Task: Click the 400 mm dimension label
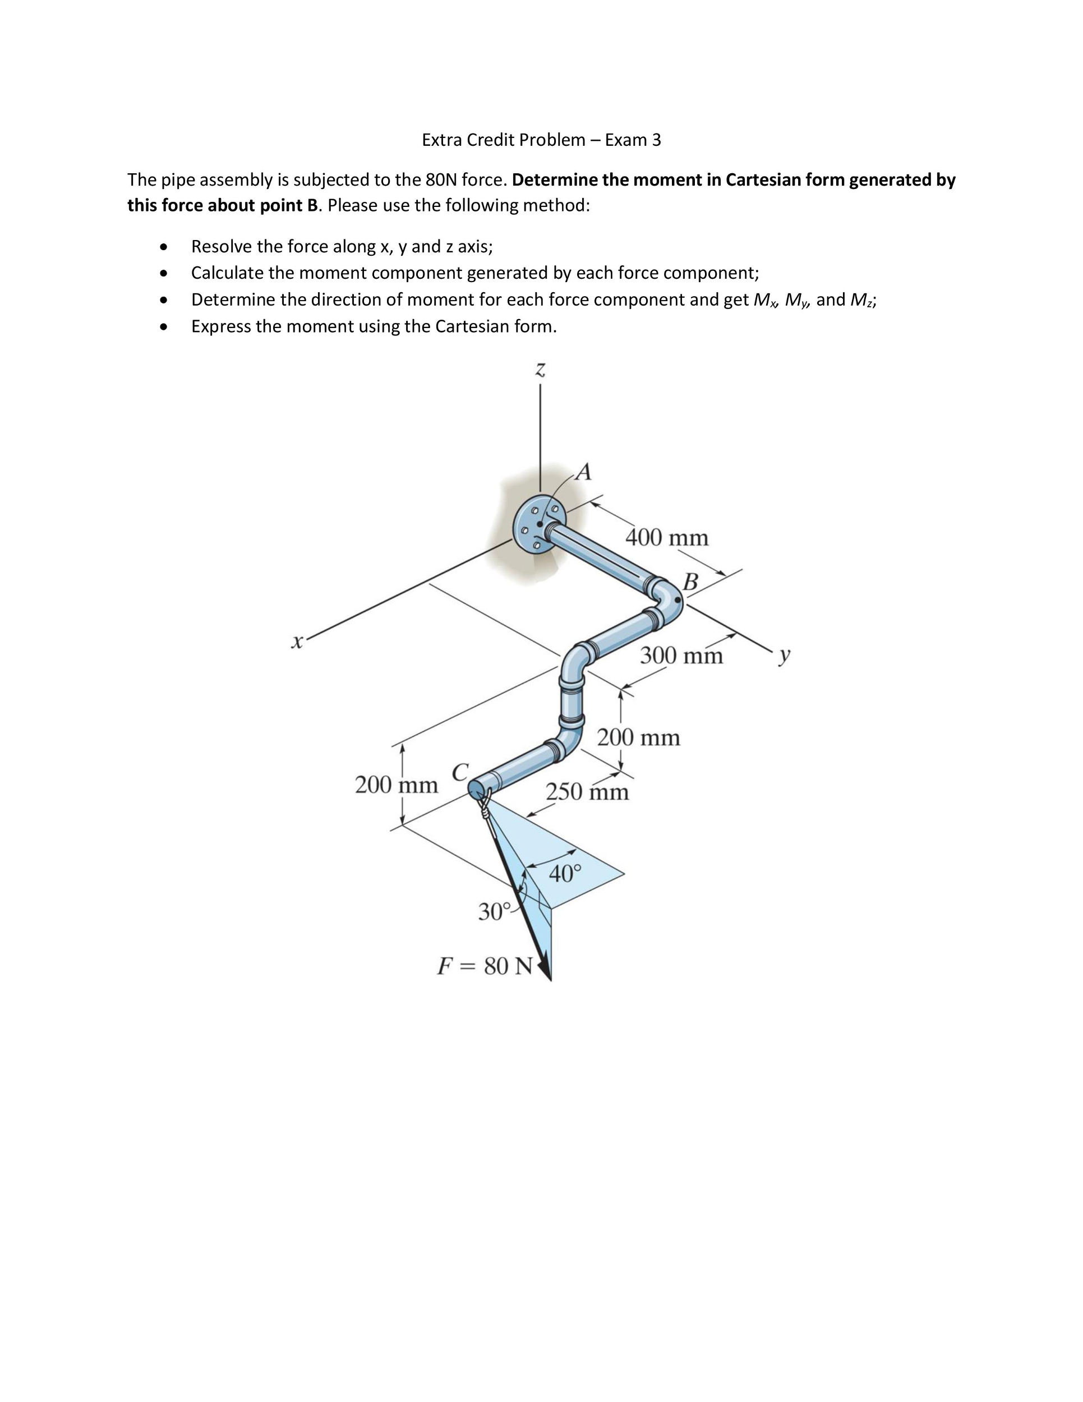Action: tap(667, 537)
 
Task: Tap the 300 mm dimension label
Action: tap(681, 656)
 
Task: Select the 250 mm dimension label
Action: tap(587, 791)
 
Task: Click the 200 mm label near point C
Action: tap(396, 785)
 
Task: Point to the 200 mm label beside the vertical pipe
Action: tap(639, 737)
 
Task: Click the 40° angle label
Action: tap(565, 873)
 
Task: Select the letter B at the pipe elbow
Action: tap(691, 582)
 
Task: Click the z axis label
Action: tap(541, 370)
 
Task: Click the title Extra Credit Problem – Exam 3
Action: tap(541, 140)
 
